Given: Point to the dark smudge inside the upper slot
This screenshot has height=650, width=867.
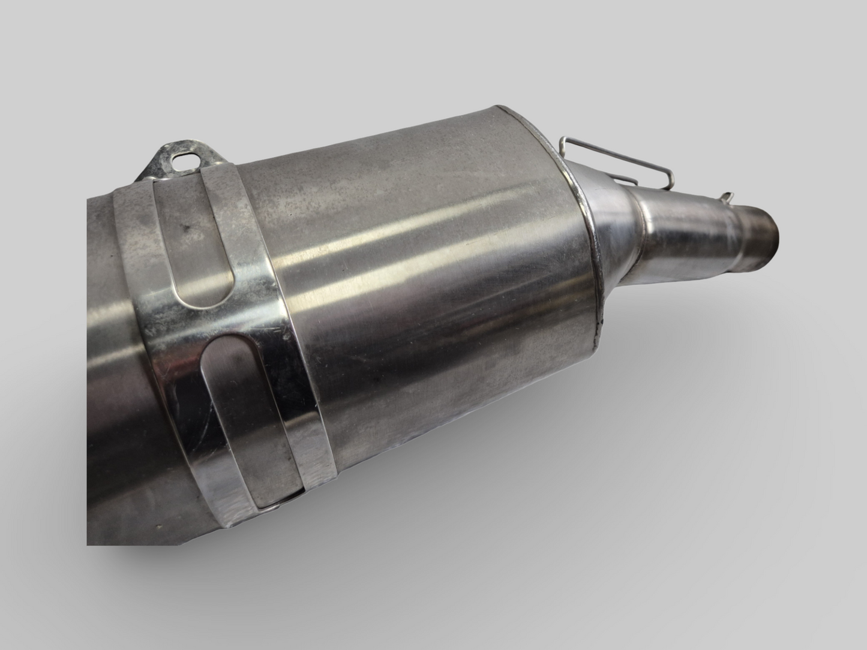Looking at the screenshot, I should pos(188,228).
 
